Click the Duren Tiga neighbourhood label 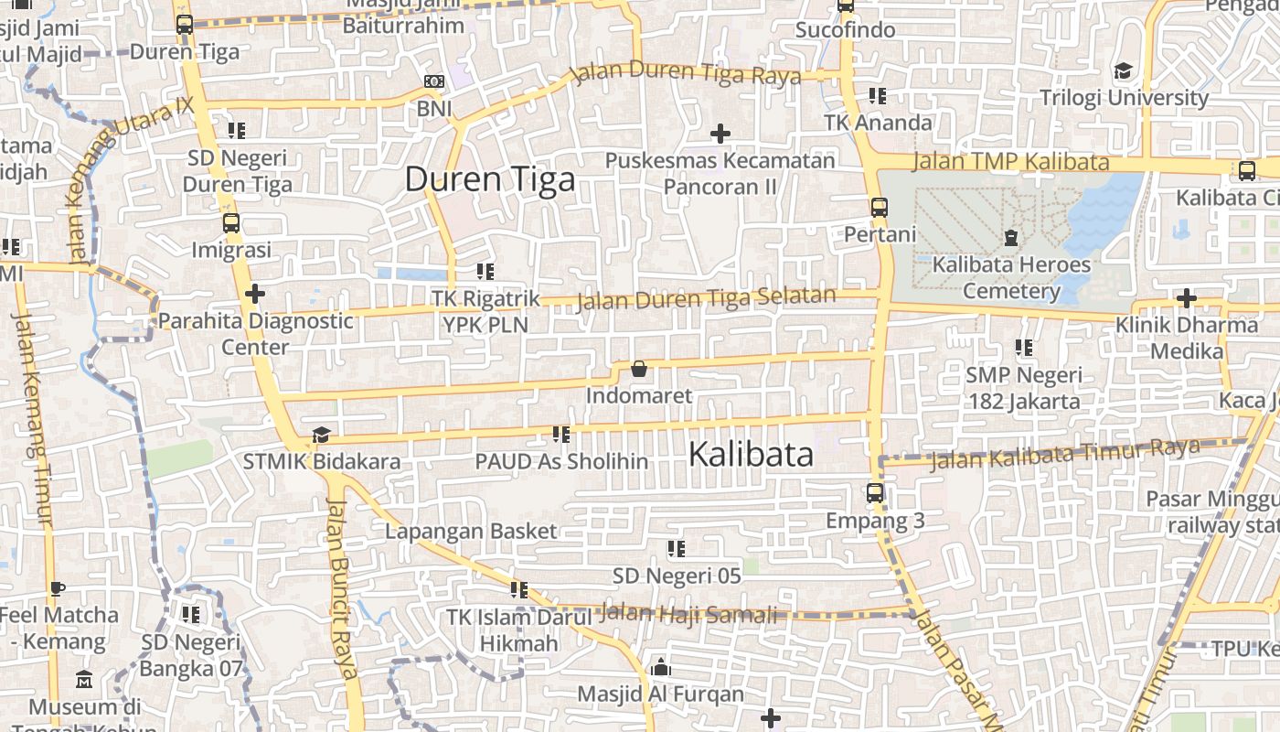(x=490, y=179)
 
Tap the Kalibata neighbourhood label (x=751, y=454)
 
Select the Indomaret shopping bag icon (x=639, y=370)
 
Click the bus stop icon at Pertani (x=880, y=208)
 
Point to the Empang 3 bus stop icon (x=875, y=493)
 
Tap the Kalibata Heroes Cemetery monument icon (x=1010, y=238)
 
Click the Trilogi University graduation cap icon (x=1123, y=71)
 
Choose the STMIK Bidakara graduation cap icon (x=321, y=435)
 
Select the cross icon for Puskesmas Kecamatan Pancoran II (x=720, y=134)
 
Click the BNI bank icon (x=434, y=82)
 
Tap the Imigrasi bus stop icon (x=231, y=222)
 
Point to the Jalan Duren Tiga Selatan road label (x=707, y=298)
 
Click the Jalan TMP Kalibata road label (x=1011, y=163)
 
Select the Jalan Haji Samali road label (x=692, y=614)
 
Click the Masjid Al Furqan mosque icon (x=661, y=667)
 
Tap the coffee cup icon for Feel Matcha (x=58, y=588)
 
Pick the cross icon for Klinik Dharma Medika (x=1186, y=298)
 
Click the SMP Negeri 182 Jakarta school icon (x=1024, y=348)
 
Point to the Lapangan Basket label (x=471, y=532)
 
